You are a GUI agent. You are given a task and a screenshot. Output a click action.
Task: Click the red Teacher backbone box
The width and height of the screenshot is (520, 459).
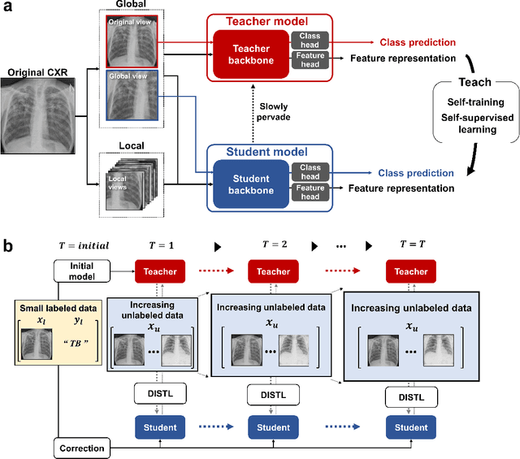click(249, 47)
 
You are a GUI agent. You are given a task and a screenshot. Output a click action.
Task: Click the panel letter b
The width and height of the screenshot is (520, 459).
click(8, 244)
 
